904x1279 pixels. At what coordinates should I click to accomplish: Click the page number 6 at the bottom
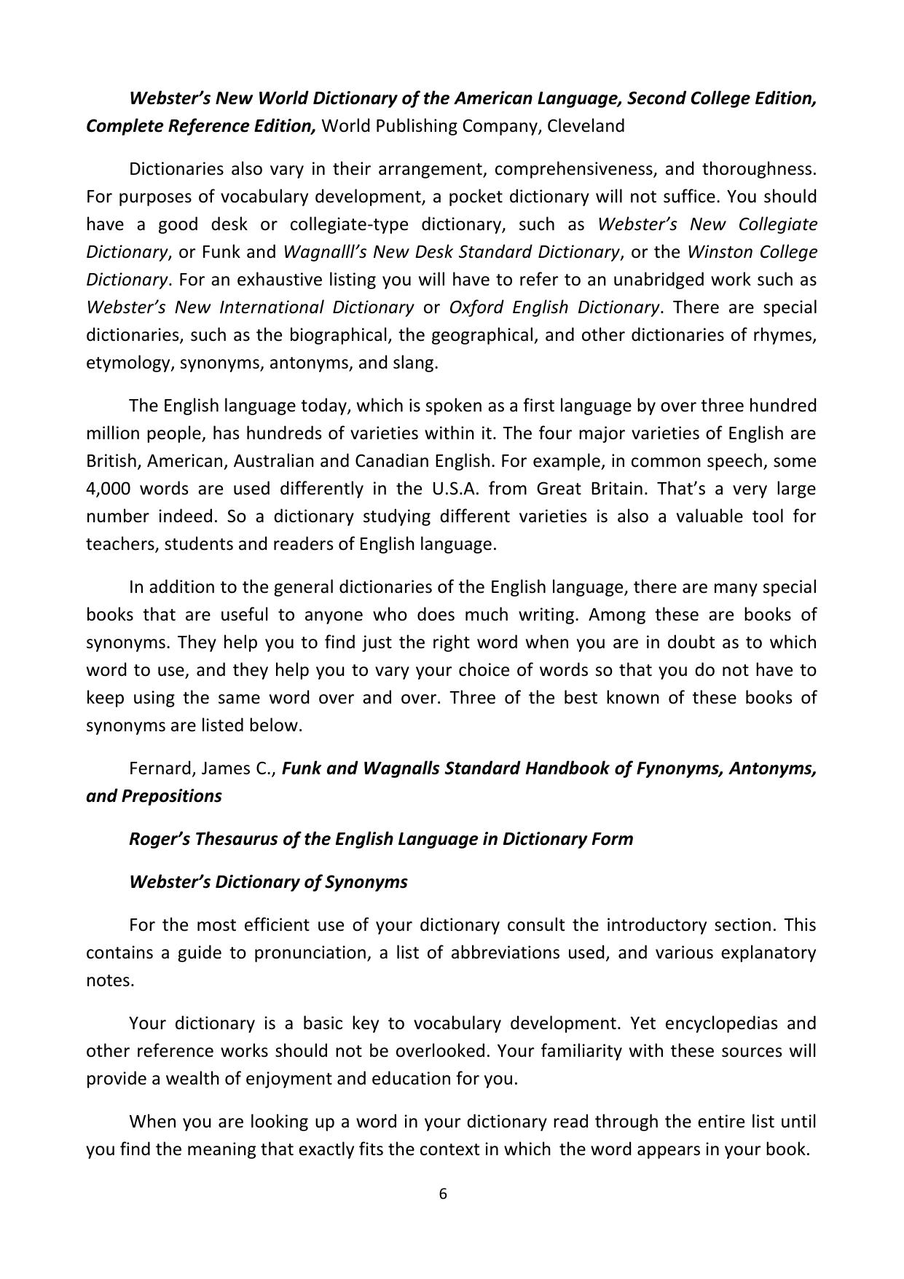(442, 1194)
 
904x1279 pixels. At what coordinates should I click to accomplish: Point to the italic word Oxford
(477, 307)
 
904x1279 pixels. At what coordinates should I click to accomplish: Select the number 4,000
(108, 489)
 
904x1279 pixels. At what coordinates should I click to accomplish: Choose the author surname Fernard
(160, 768)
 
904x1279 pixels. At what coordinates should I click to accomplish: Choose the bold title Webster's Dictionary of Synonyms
(268, 882)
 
